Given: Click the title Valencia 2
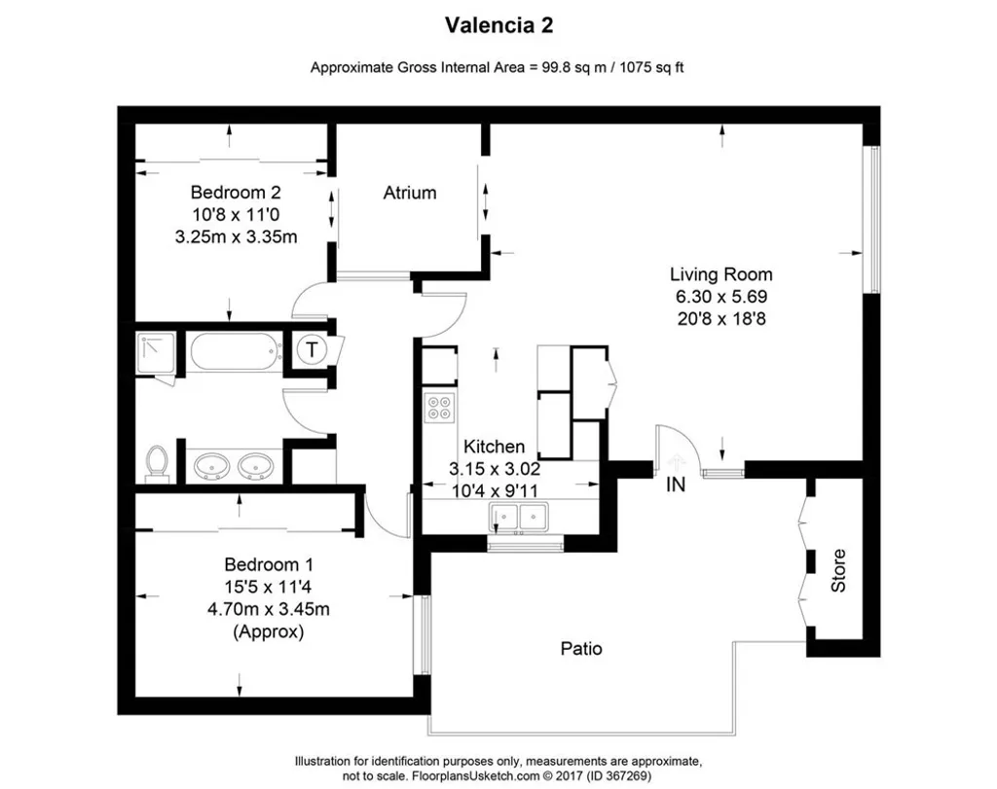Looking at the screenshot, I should [499, 24].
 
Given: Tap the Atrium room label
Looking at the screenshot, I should [409, 193].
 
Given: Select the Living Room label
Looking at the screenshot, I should [720, 274].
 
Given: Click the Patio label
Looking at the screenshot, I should [580, 648].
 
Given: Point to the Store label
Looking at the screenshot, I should [838, 571].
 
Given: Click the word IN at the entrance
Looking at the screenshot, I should [676, 484].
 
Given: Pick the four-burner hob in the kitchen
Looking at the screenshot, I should [439, 407].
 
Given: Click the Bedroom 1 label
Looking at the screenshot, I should [268, 564].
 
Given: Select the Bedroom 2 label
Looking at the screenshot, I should [235, 192].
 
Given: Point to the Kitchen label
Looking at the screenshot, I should [495, 447].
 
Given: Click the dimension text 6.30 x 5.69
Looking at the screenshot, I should [720, 296].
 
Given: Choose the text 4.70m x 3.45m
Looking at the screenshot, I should [268, 609].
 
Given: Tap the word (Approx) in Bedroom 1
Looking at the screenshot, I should [268, 631].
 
